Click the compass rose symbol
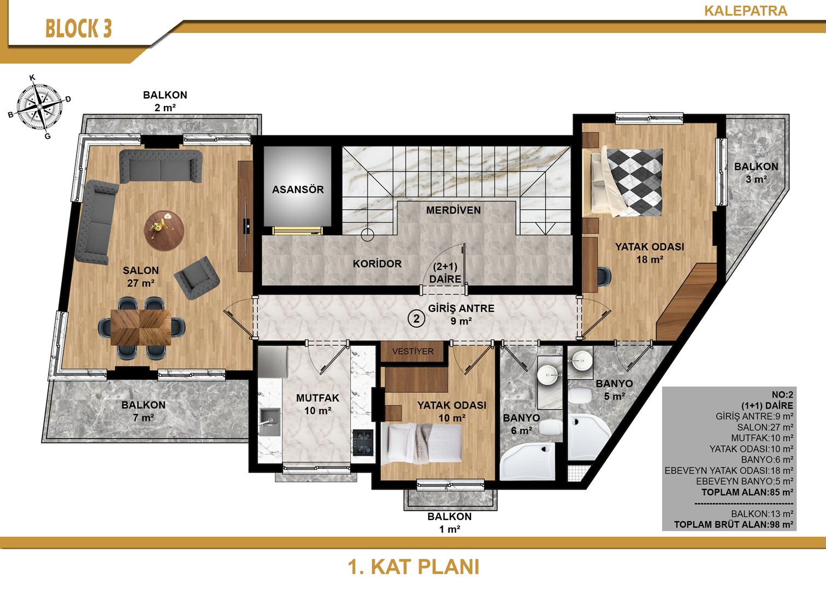[39, 107]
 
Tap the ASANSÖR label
[298, 190]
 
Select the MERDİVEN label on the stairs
[453, 210]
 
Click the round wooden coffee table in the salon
[164, 231]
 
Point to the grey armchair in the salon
[197, 278]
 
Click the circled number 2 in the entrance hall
[416, 318]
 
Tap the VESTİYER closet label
[413, 351]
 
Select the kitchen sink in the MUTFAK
[270, 422]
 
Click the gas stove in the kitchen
[363, 443]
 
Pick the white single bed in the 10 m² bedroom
[422, 443]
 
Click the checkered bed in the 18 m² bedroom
[627, 182]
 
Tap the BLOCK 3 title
[79, 29]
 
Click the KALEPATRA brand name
[746, 11]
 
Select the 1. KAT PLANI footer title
[414, 567]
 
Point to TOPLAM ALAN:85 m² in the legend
[747, 492]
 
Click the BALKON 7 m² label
[144, 411]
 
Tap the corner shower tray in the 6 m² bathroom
[527, 461]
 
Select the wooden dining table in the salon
[140, 327]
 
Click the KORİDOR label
[377, 264]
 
